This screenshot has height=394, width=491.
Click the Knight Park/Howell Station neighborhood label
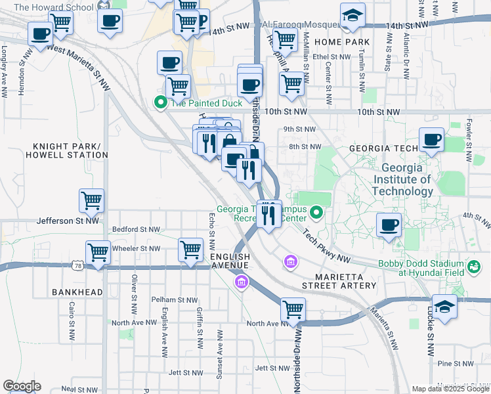(x=62, y=150)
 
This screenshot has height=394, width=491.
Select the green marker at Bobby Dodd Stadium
(x=473, y=267)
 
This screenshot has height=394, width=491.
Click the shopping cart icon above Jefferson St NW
(x=91, y=200)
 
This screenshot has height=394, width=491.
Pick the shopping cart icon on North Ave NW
(x=293, y=309)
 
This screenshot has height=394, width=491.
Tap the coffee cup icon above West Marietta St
(x=40, y=33)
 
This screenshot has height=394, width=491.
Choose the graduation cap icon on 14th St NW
(x=352, y=16)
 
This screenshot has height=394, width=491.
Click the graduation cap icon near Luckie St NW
(x=444, y=307)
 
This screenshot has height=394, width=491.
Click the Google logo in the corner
(x=21, y=386)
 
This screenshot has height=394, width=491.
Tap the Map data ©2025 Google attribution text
(x=450, y=389)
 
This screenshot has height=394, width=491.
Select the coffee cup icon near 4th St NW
(x=389, y=225)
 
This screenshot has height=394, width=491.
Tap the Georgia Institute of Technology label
(x=402, y=179)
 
